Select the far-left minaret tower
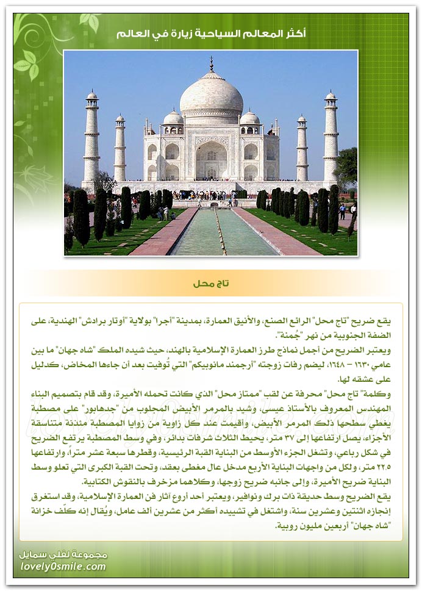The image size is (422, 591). point(91,137)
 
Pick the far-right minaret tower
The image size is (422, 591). point(331,137)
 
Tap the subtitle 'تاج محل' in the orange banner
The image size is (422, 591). point(211,284)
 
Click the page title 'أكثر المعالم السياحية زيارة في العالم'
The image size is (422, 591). point(211,34)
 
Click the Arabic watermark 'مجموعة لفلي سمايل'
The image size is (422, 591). point(63,554)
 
